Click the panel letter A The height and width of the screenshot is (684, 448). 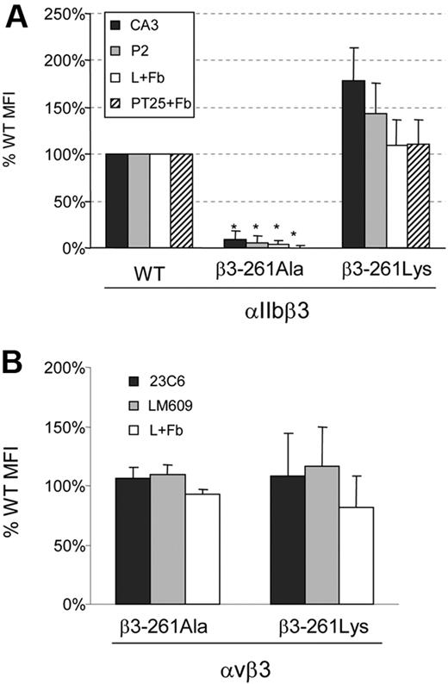[x=15, y=16]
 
